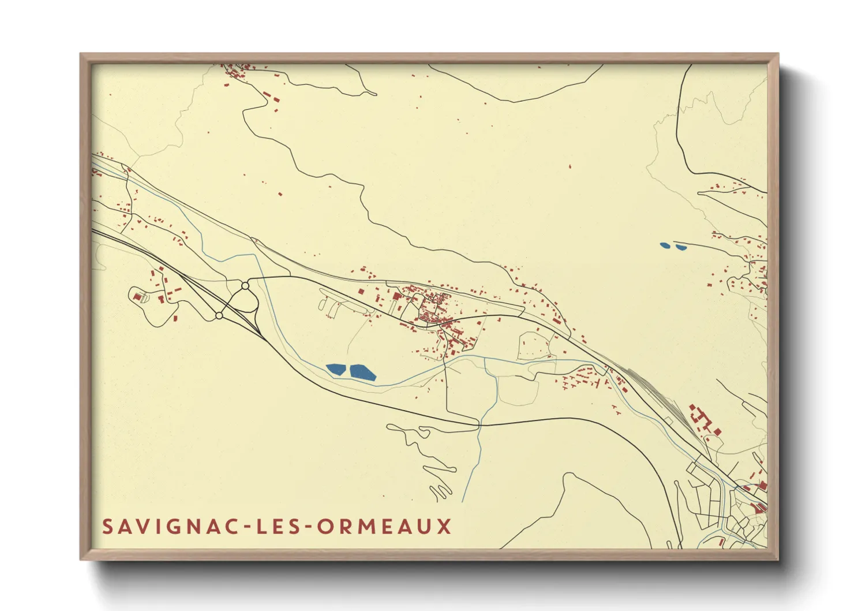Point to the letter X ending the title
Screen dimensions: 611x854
[444, 526]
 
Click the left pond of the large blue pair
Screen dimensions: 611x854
[335, 370]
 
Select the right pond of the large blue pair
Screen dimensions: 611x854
[362, 372]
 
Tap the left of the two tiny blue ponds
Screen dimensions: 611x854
[665, 245]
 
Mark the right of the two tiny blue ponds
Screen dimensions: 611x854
[681, 247]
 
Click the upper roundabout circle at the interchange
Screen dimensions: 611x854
[245, 285]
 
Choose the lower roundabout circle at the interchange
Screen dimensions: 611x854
[219, 315]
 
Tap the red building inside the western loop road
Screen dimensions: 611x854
[138, 297]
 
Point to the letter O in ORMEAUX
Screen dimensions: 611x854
[325, 526]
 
